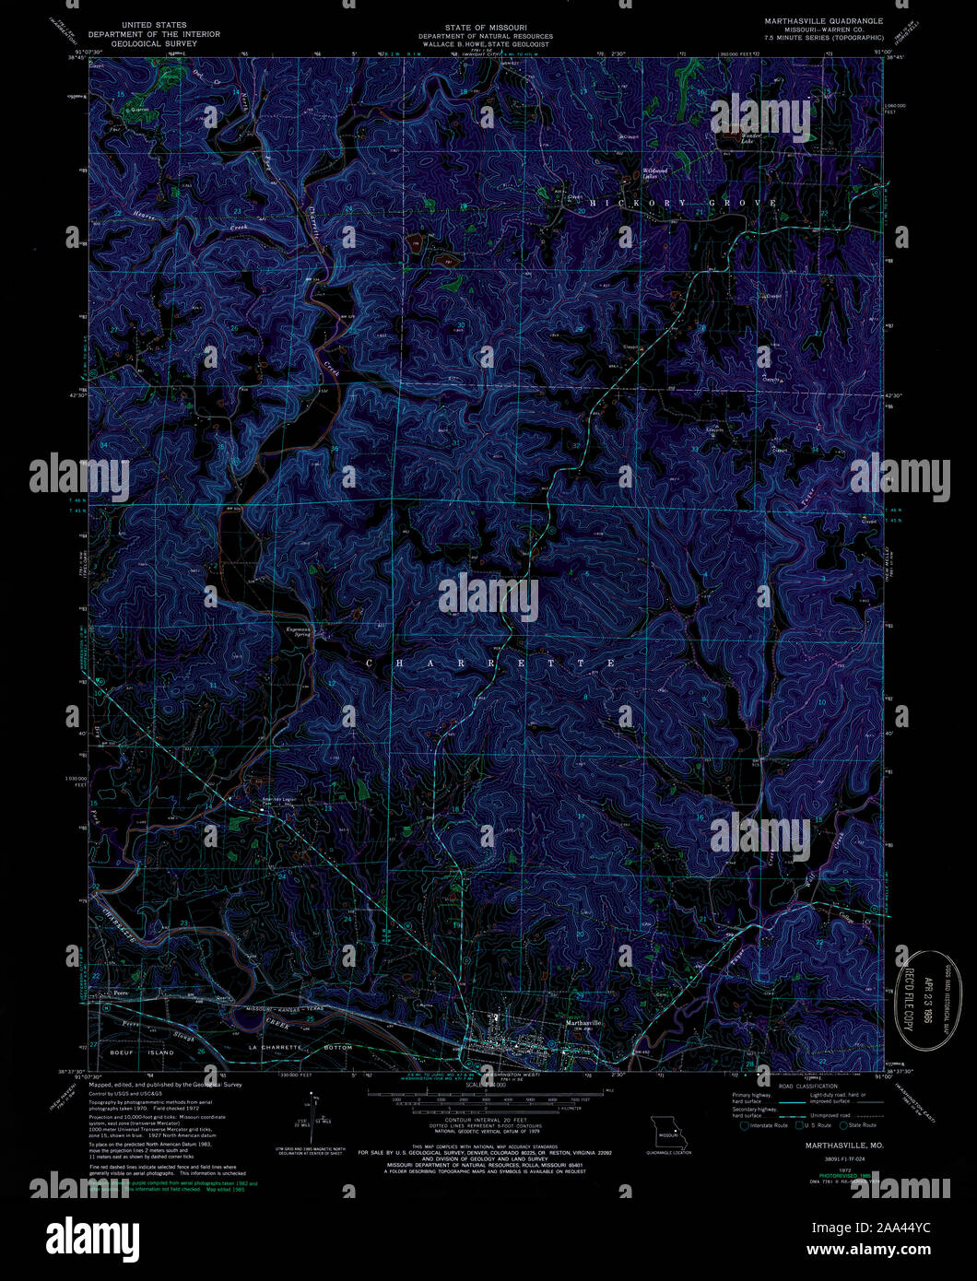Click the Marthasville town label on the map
(583, 1023)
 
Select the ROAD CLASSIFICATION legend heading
(807, 1087)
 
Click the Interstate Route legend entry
(766, 1125)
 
